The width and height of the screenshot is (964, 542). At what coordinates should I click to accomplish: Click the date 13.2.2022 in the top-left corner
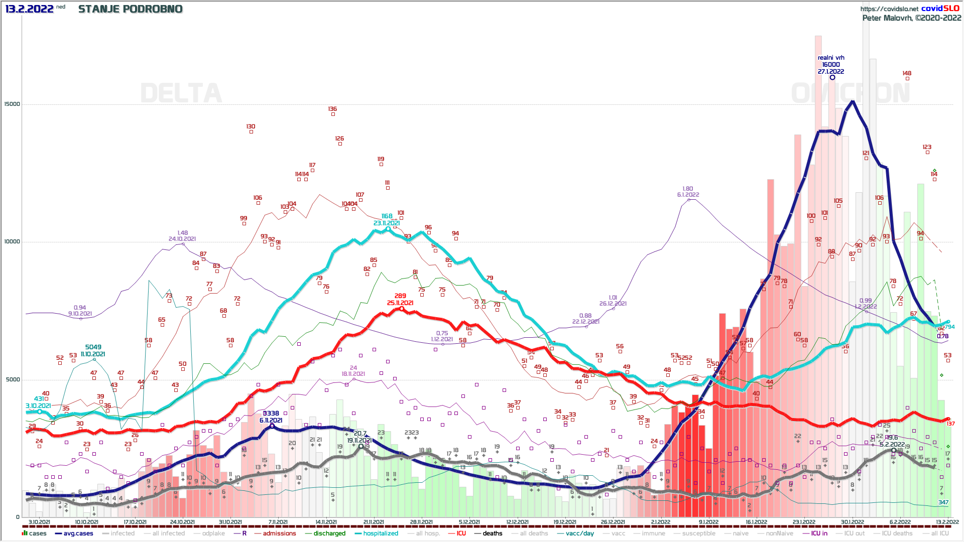pyautogui.click(x=29, y=9)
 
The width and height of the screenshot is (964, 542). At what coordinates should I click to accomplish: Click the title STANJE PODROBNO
pyautogui.click(x=131, y=9)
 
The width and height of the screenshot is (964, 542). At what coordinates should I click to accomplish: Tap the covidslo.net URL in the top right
pyautogui.click(x=889, y=9)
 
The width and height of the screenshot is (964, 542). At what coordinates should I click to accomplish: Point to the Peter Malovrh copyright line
pyautogui.click(x=911, y=18)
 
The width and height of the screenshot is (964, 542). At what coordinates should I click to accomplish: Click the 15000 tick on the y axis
pyautogui.click(x=12, y=104)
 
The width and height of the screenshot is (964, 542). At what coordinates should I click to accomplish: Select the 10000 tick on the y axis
pyautogui.click(x=12, y=242)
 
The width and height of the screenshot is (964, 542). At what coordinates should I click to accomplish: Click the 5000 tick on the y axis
pyautogui.click(x=13, y=379)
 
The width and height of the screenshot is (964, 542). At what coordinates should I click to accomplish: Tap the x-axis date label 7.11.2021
pyautogui.click(x=278, y=522)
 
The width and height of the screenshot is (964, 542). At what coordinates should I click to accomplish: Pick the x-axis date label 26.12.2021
pyautogui.click(x=613, y=522)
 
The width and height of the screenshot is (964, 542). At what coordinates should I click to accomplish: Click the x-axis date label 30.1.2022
pyautogui.click(x=853, y=522)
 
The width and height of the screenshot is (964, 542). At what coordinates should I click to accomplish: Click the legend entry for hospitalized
pyautogui.click(x=381, y=533)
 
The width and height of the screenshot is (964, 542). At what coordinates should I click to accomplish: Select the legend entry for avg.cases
pyautogui.click(x=78, y=533)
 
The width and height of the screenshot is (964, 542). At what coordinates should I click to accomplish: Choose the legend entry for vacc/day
pyautogui.click(x=579, y=533)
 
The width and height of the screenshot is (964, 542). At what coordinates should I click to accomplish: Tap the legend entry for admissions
pyautogui.click(x=279, y=533)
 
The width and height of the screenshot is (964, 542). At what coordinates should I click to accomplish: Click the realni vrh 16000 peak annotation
pyautogui.click(x=831, y=65)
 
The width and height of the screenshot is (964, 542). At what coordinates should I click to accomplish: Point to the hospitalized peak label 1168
pyautogui.click(x=387, y=216)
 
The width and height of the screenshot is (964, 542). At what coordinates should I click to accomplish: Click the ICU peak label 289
pyautogui.click(x=400, y=296)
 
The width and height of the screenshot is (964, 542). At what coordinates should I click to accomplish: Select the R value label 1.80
pyautogui.click(x=688, y=189)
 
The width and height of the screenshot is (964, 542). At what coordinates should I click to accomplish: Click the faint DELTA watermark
pyautogui.click(x=181, y=93)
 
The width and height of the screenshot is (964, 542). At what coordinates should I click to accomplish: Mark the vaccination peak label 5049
pyautogui.click(x=93, y=347)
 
